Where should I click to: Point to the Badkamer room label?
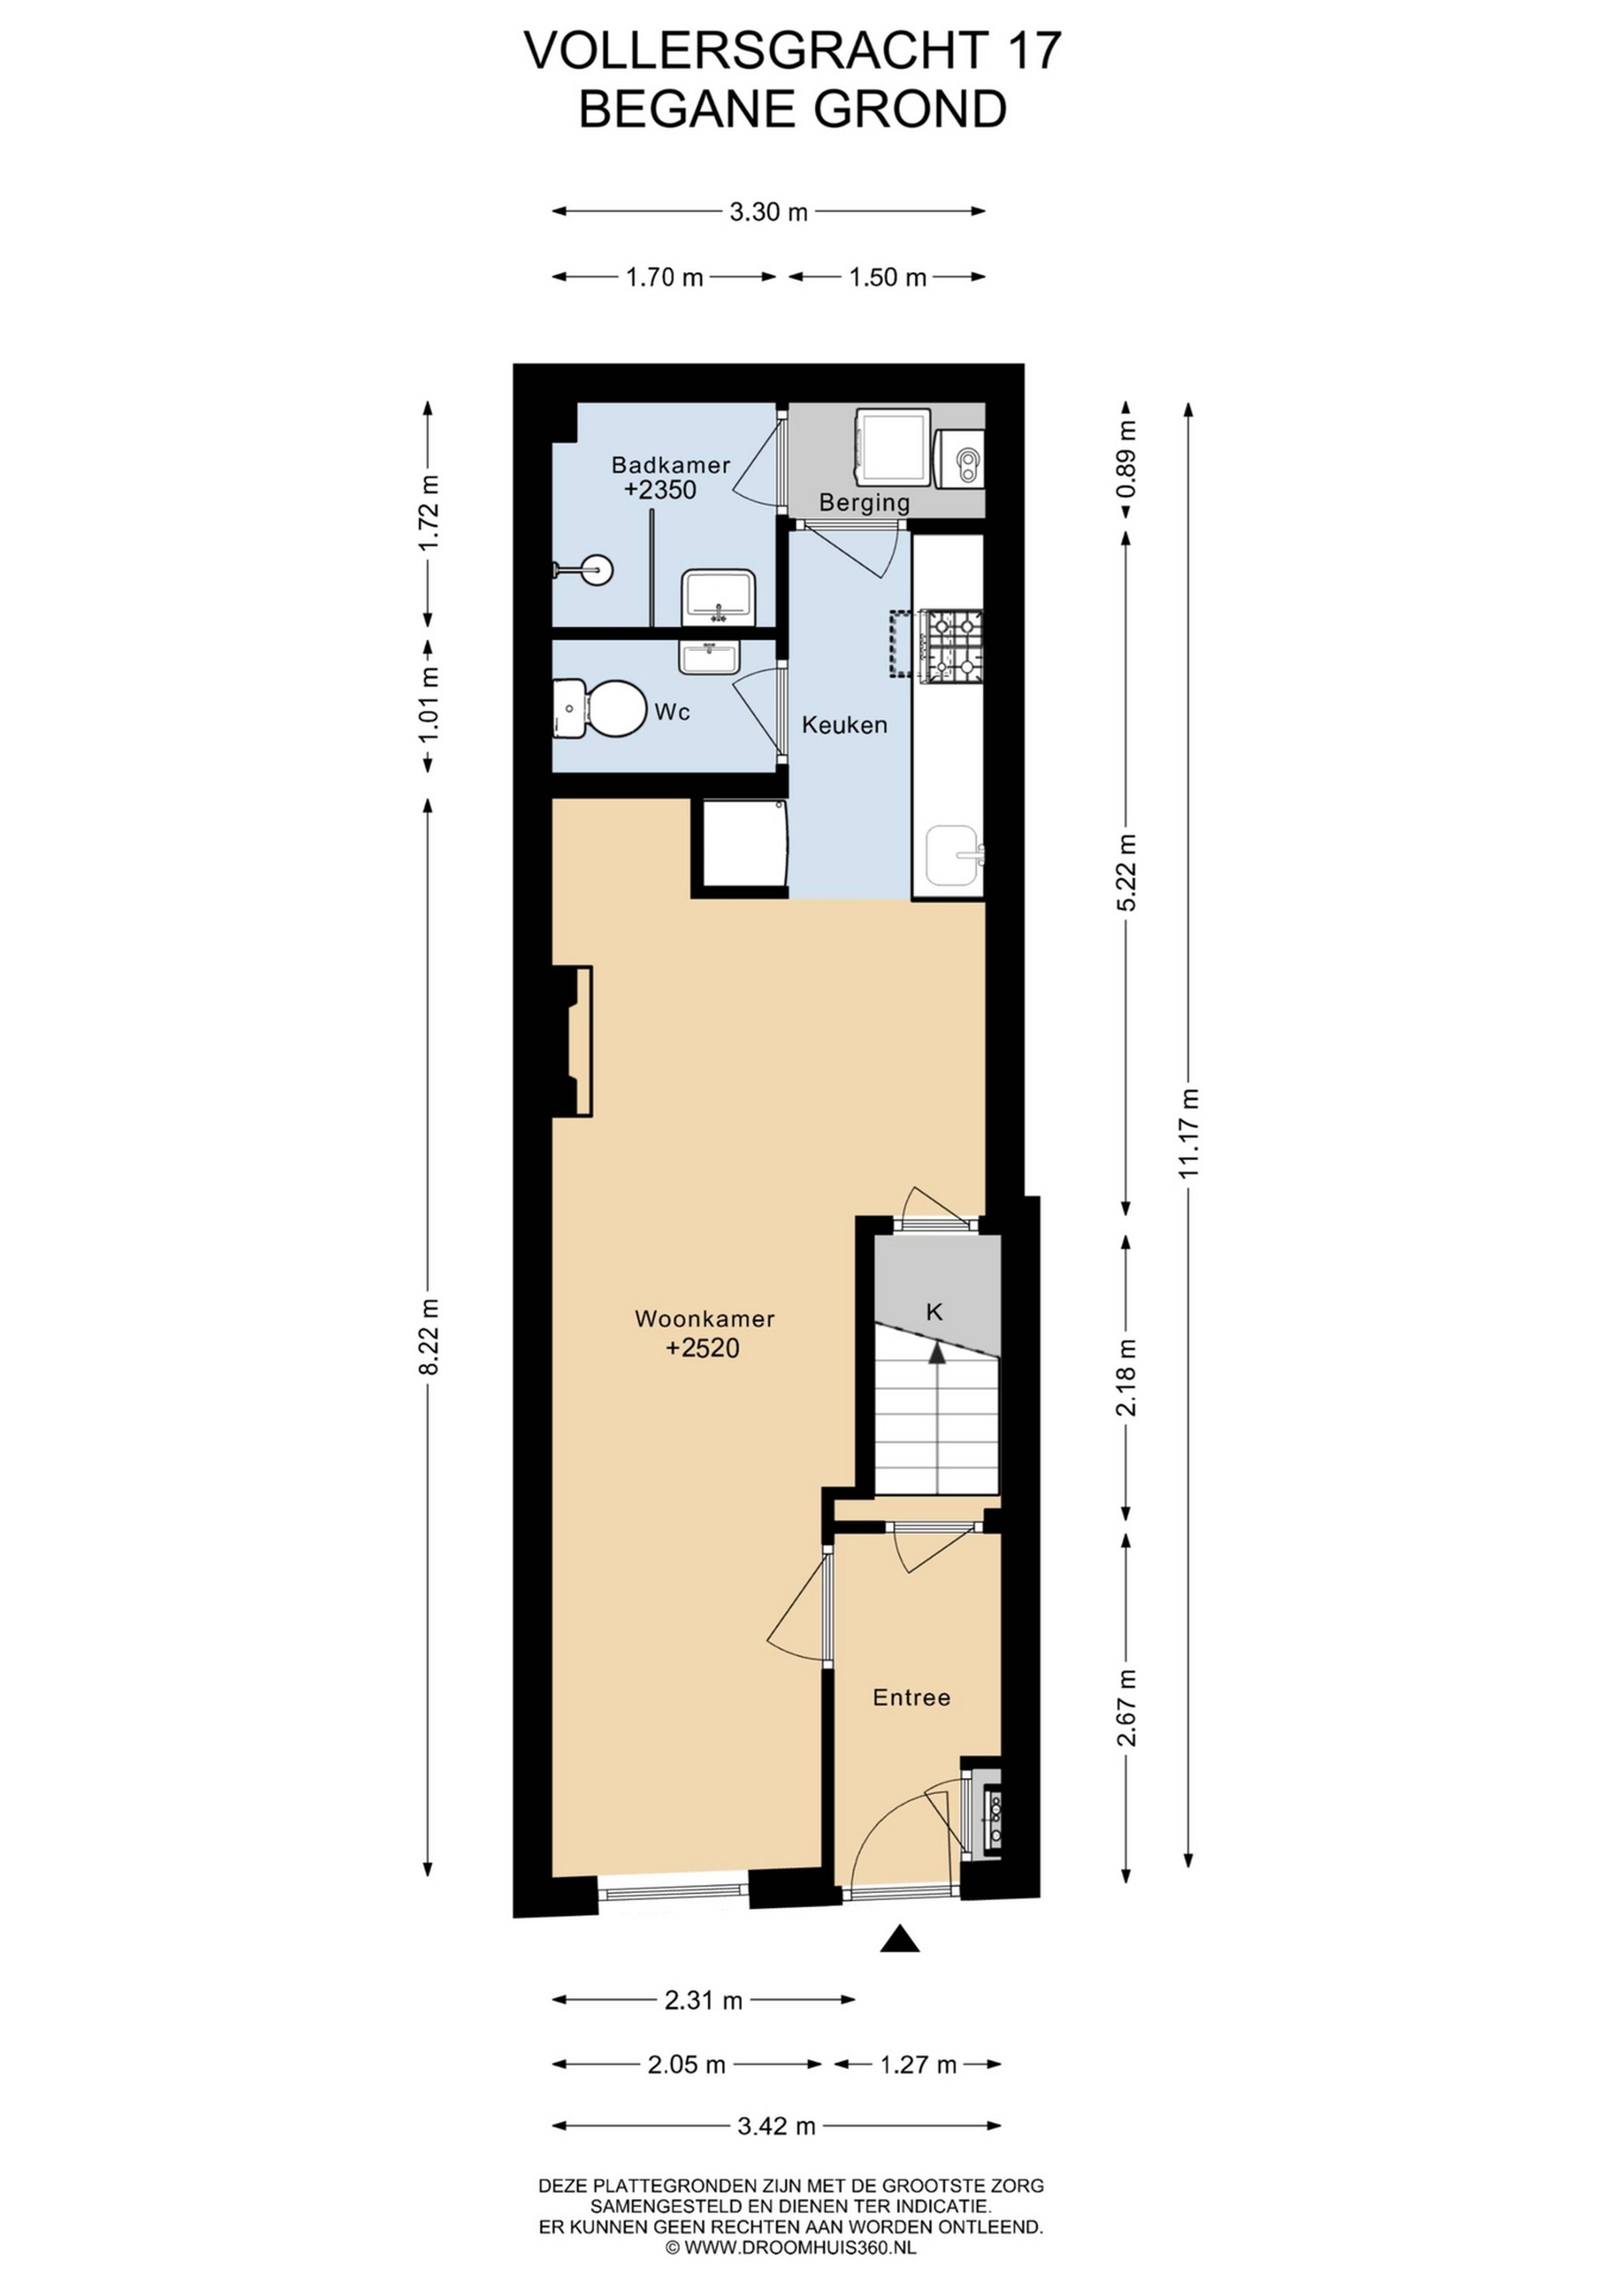671,464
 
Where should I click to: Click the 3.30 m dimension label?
768,212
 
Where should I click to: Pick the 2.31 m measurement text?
704,2000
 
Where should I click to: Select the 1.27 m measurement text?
917,2065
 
